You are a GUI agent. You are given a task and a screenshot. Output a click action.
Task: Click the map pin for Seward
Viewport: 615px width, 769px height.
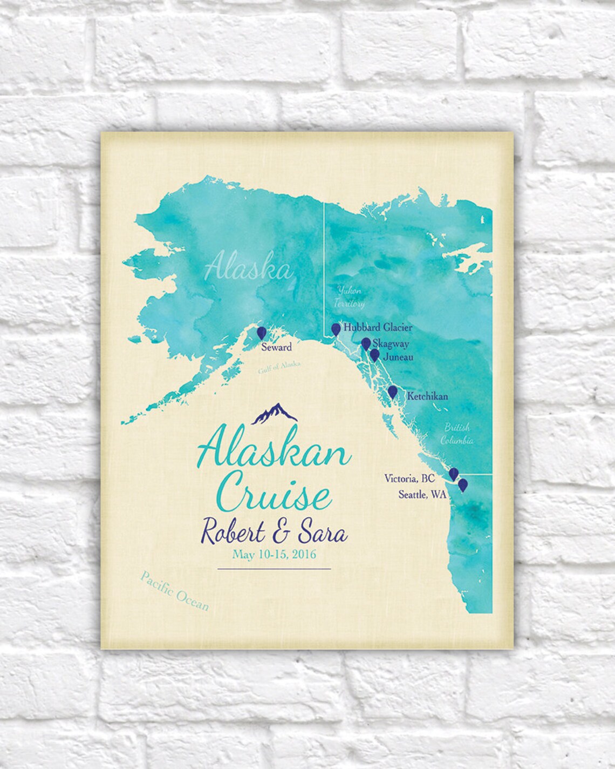262,333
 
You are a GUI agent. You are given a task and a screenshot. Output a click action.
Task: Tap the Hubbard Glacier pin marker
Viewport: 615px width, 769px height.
336,329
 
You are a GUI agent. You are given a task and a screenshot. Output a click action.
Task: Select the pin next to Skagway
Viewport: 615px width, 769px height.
366,343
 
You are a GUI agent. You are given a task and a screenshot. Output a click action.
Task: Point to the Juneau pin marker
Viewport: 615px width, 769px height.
374,355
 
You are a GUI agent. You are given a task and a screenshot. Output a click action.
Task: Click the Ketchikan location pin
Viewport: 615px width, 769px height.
393,392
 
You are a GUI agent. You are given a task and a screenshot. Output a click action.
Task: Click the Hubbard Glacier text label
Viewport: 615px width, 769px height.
378,327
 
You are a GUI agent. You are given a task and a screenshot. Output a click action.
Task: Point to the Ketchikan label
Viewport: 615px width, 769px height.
428,396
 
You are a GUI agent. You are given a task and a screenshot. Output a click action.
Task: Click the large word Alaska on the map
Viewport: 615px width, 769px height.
248,268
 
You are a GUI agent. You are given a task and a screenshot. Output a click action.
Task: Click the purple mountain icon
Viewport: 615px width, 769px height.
275,413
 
